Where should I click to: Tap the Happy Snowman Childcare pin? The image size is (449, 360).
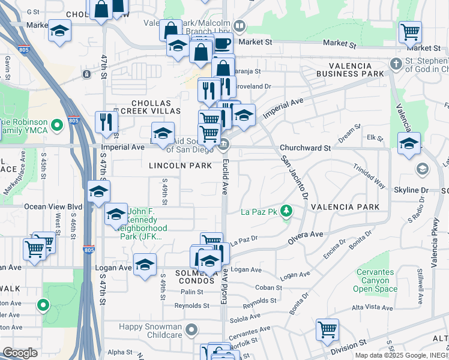tap(191, 329)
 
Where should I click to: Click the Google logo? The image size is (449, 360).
tap(20, 353)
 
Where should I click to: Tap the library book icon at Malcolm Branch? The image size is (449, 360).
tap(239, 26)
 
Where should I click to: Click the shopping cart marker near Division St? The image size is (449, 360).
tap(327, 329)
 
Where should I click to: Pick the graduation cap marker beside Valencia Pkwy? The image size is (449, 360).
tap(409, 143)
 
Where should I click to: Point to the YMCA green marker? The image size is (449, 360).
tap(57, 125)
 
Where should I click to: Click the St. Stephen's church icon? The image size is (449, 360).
tap(395, 63)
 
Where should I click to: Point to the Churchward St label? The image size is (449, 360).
tap(305, 148)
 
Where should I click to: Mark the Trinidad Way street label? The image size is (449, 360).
tap(369, 176)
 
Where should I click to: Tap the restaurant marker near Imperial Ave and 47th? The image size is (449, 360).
tap(106, 122)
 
